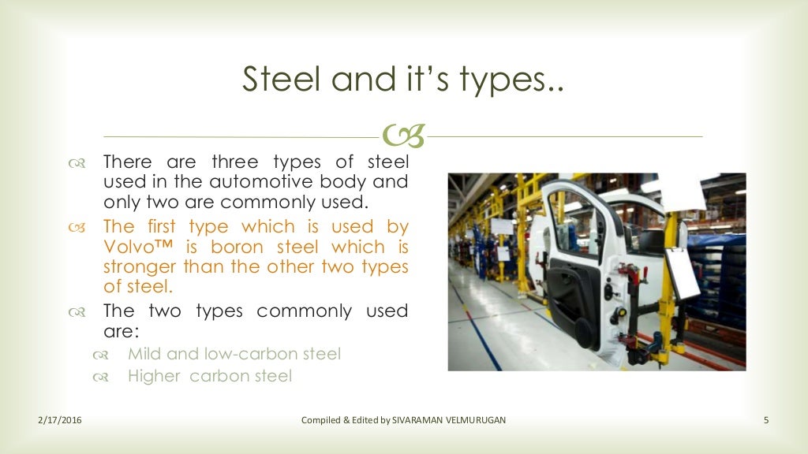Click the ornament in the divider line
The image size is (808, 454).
point(404,136)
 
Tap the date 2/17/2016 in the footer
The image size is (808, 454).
point(60,420)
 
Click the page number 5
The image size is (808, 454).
point(766,420)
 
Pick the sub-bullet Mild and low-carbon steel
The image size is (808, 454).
point(234,354)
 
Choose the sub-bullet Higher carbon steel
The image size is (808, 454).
point(210,377)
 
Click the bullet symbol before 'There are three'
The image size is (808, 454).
point(77,163)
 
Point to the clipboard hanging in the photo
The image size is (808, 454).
point(683,273)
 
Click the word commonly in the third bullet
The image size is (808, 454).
point(305,311)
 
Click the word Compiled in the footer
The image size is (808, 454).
point(321,420)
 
